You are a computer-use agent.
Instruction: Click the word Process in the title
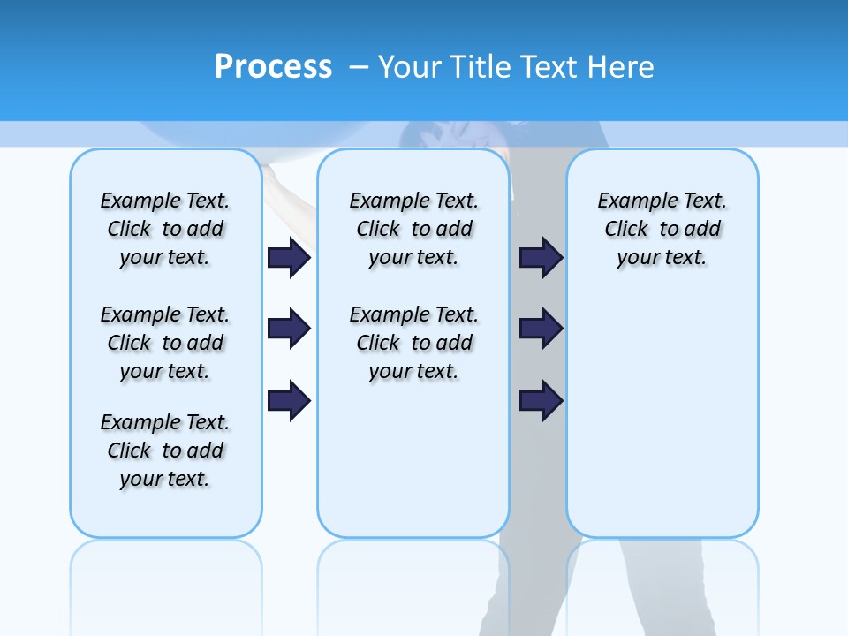click(x=273, y=66)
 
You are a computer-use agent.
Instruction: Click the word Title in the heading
click(x=477, y=67)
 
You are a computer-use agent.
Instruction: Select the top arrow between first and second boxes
click(x=289, y=257)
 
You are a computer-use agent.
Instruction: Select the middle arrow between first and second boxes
click(x=289, y=329)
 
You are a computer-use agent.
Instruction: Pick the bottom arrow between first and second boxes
click(x=289, y=400)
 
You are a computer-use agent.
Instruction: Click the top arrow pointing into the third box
click(x=541, y=257)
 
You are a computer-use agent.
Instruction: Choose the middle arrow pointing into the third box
click(x=541, y=329)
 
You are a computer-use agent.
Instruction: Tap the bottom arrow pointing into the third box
click(x=541, y=400)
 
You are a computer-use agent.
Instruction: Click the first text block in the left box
click(x=165, y=229)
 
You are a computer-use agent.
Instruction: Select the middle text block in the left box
click(x=165, y=343)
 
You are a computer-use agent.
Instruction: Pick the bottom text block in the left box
click(x=165, y=450)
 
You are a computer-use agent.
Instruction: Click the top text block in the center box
click(x=414, y=229)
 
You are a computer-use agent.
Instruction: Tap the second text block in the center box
click(x=414, y=343)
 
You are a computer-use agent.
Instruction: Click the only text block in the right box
click(x=662, y=229)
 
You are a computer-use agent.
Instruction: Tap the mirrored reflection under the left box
click(x=166, y=574)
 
